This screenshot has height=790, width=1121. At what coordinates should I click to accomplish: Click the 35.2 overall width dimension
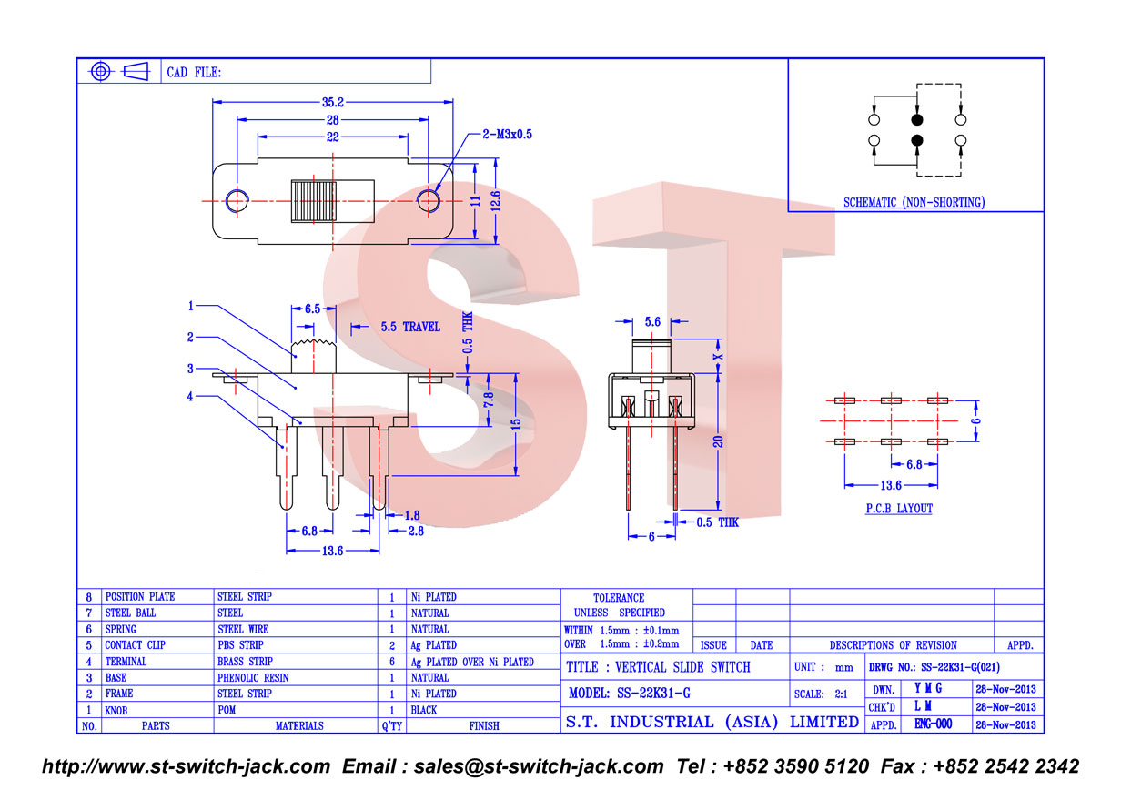coord(333,102)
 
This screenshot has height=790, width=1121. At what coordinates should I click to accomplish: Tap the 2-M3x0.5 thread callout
coord(507,134)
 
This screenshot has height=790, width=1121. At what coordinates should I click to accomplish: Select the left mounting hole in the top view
coord(237,201)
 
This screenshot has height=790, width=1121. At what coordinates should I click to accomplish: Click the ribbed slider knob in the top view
coord(314,201)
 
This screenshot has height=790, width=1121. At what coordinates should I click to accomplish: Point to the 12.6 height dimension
coord(496,201)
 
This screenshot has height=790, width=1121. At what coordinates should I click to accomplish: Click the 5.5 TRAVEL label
coord(410,327)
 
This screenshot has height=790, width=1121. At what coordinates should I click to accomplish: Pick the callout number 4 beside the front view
coord(190,397)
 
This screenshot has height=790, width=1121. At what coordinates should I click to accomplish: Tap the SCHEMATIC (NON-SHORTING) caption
coord(914,202)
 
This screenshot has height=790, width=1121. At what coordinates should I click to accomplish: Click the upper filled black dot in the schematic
coord(917,119)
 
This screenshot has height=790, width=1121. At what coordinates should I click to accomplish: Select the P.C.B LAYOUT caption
coord(899,509)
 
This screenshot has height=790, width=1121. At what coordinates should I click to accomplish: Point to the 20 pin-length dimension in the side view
coord(718,441)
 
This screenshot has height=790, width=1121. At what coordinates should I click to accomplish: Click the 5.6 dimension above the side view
coord(652,321)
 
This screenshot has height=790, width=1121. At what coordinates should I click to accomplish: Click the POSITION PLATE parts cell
coord(140,597)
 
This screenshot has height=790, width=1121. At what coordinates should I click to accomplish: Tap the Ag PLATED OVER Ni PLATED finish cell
coord(472,662)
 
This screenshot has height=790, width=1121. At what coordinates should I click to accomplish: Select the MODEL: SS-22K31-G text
coord(630,694)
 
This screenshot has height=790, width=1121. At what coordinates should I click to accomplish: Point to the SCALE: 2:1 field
coord(821,694)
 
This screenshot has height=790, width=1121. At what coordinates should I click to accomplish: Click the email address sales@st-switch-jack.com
coord(539,766)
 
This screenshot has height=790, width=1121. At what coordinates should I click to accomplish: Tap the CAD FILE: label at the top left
coord(194,73)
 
